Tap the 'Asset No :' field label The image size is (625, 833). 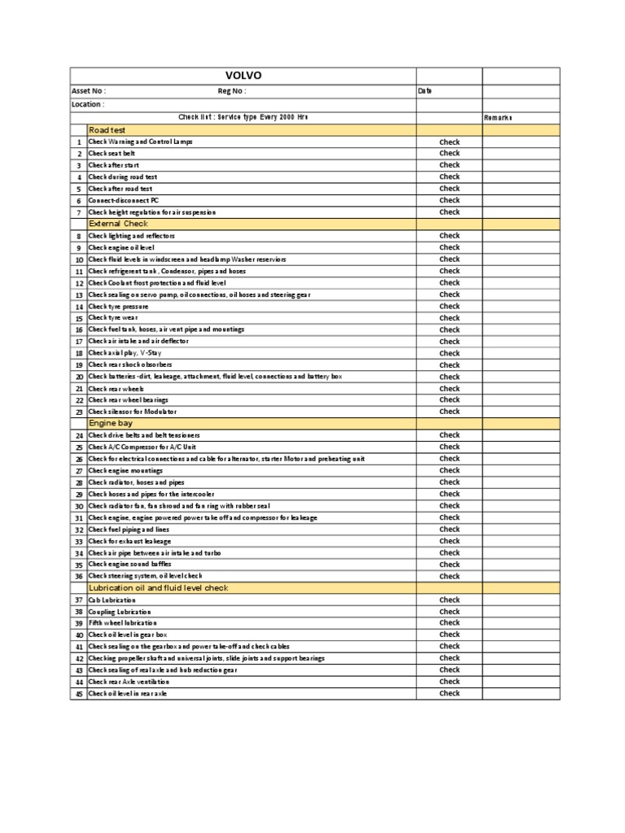(x=89, y=91)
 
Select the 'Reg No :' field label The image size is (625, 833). (x=232, y=91)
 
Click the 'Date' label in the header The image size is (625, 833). (x=424, y=91)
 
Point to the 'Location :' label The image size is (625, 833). (x=87, y=104)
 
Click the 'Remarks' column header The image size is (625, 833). (x=498, y=118)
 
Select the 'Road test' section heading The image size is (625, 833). (x=108, y=129)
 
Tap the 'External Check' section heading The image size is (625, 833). (x=119, y=223)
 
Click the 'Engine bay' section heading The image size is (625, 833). (x=111, y=423)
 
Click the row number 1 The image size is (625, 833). (x=80, y=142)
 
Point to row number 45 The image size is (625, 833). (x=79, y=694)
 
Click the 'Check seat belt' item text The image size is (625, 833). (x=113, y=153)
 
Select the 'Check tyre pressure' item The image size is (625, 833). (x=119, y=306)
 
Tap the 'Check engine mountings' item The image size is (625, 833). (x=125, y=470)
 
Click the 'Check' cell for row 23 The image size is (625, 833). (x=449, y=412)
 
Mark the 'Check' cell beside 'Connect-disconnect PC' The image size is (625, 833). (x=449, y=200)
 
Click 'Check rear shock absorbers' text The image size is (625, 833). (x=130, y=364)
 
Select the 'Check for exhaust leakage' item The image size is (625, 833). (x=130, y=541)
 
